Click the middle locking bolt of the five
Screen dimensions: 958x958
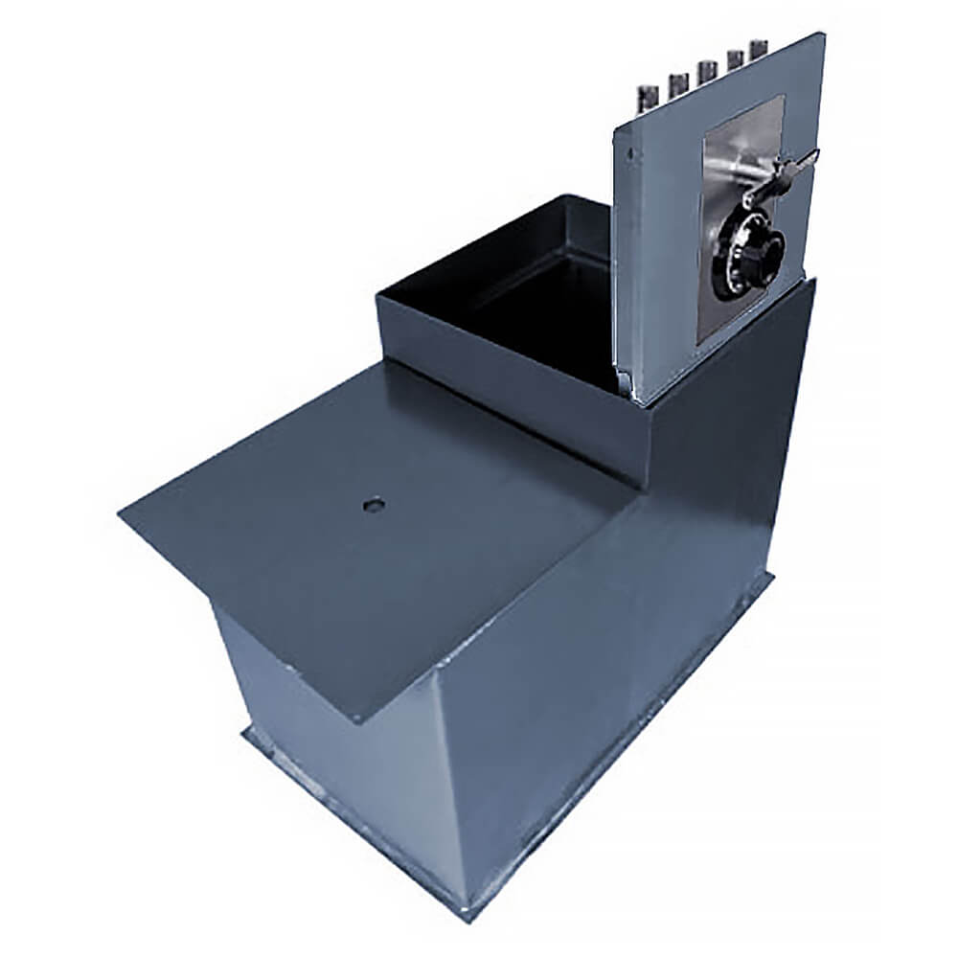[707, 72]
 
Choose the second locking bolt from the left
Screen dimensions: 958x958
[677, 83]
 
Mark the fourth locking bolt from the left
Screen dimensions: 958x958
[735, 61]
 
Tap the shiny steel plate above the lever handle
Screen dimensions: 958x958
[742, 144]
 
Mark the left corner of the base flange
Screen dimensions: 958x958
[242, 736]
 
